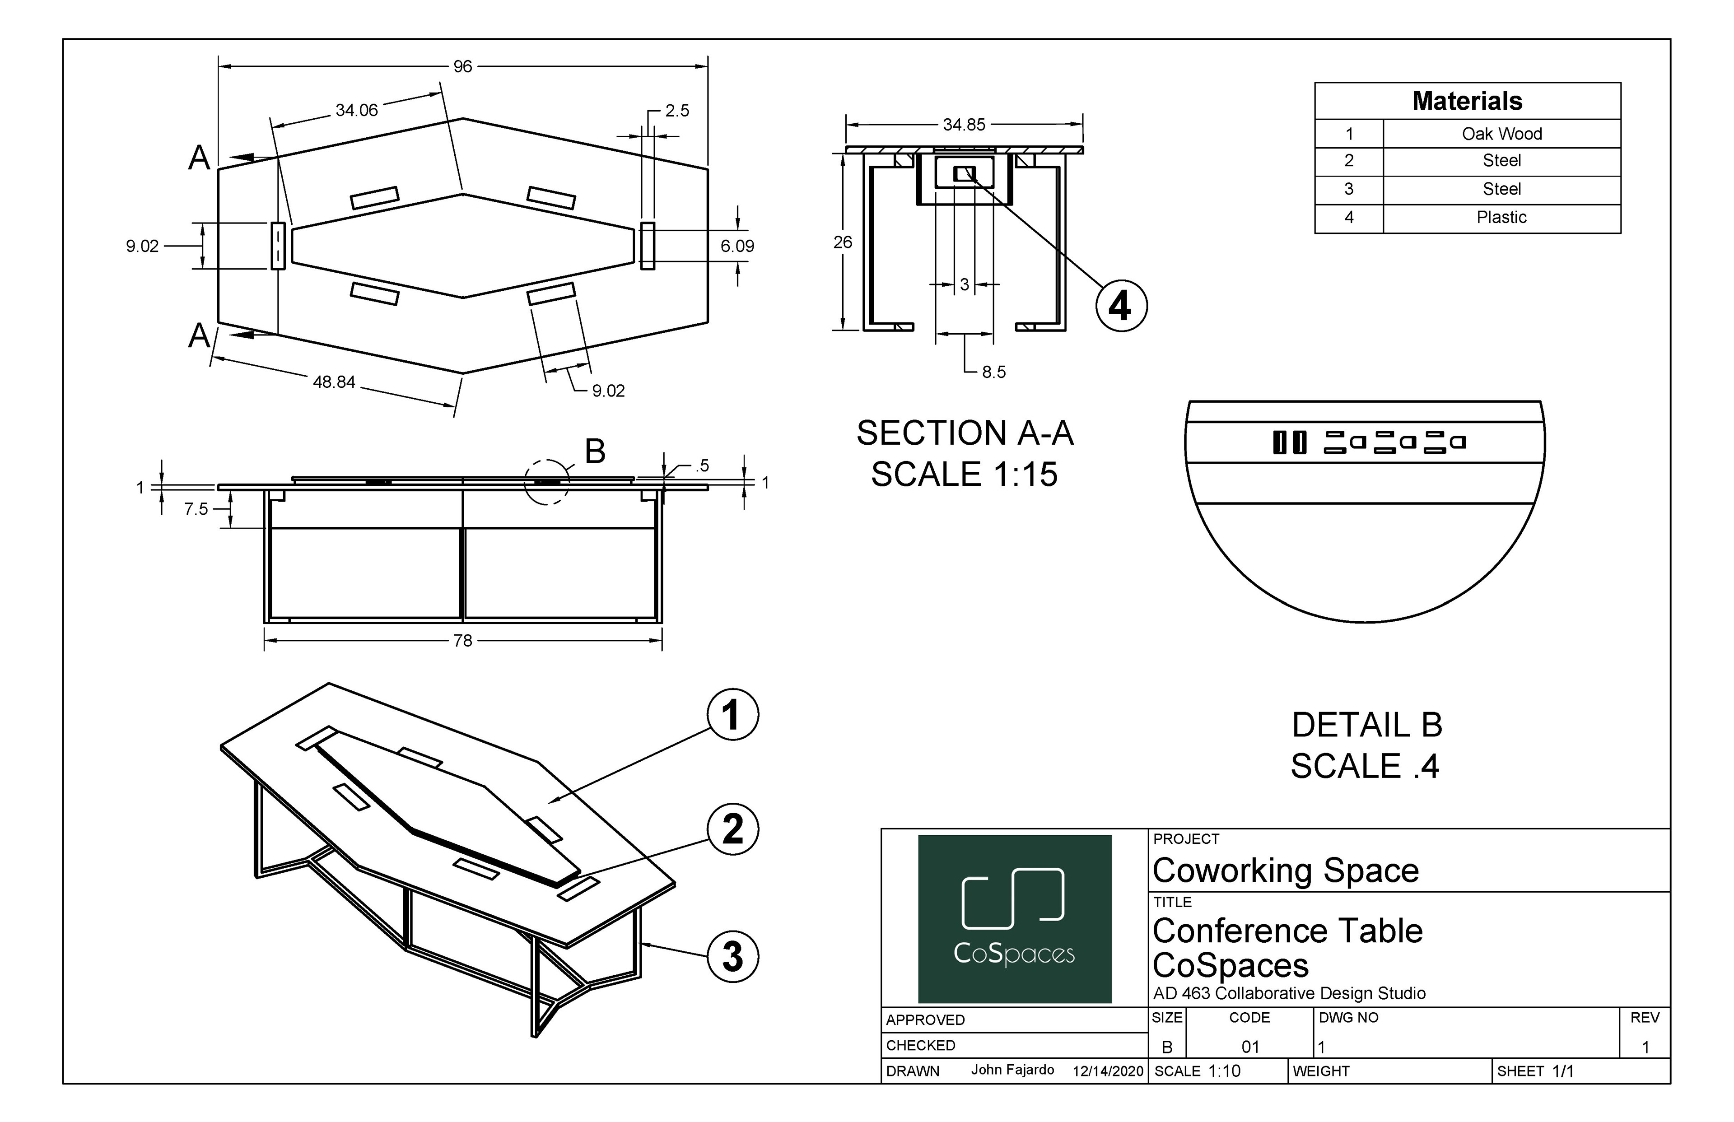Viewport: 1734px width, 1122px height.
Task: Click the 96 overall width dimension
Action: (x=463, y=66)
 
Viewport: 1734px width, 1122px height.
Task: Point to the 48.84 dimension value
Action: (x=334, y=382)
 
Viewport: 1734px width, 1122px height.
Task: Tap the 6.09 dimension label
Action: (x=737, y=246)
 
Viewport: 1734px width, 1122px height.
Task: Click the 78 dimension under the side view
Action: (x=463, y=640)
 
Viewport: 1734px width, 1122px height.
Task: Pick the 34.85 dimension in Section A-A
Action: (x=964, y=125)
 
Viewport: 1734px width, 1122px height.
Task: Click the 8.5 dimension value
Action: (x=994, y=372)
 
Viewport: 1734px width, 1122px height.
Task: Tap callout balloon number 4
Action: (x=1121, y=306)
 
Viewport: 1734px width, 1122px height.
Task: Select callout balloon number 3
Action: (x=733, y=957)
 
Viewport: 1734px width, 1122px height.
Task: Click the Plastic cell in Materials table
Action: (x=1501, y=218)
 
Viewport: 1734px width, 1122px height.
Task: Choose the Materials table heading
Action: (x=1467, y=101)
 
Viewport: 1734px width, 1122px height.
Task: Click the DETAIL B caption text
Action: (x=1367, y=725)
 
